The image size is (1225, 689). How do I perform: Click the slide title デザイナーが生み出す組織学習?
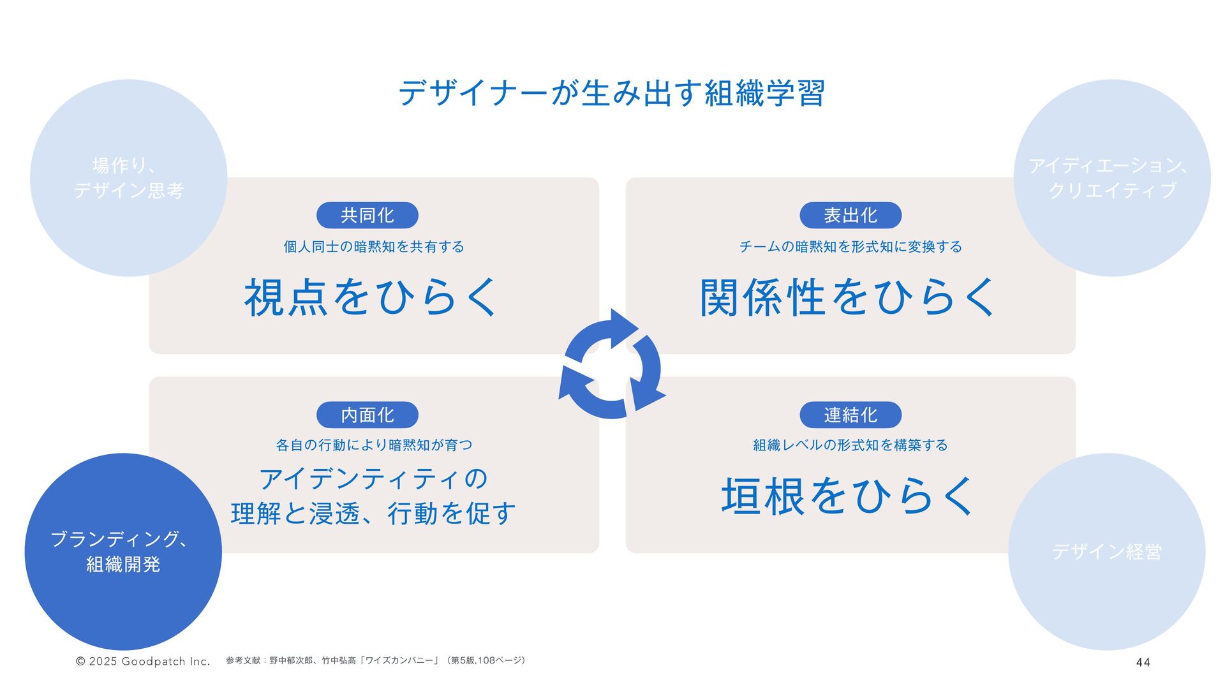click(x=611, y=93)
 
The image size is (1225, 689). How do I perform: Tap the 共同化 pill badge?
click(x=367, y=216)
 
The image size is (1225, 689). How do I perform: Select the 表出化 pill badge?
click(x=850, y=216)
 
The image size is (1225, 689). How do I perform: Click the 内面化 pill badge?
click(x=367, y=415)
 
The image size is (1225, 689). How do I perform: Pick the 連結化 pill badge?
click(x=850, y=415)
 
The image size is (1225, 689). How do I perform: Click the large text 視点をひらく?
click(x=371, y=297)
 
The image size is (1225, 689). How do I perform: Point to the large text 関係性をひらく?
click(x=849, y=297)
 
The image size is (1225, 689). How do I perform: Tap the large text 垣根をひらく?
click(x=849, y=496)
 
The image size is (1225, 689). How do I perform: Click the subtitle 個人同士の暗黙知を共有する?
click(x=374, y=247)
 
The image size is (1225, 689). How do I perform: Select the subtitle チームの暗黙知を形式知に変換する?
click(x=850, y=247)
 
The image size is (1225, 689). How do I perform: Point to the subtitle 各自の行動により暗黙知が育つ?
click(x=374, y=445)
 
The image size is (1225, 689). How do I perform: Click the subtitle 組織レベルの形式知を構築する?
click(x=850, y=445)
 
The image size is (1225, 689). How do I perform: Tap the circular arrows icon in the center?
click(x=612, y=364)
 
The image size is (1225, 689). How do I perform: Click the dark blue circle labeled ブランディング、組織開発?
click(x=123, y=551)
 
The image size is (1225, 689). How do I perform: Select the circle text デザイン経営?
click(x=1106, y=551)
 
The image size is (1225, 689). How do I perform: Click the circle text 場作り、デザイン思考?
click(x=128, y=178)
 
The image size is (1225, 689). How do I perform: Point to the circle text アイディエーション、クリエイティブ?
click(x=1111, y=178)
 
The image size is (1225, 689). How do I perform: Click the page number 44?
click(x=1143, y=662)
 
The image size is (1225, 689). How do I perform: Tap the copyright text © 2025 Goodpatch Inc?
click(x=143, y=662)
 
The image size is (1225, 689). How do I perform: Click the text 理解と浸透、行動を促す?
click(x=373, y=514)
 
